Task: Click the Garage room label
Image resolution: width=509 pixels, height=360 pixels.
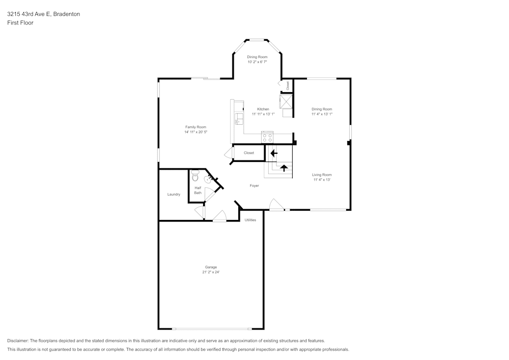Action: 211,267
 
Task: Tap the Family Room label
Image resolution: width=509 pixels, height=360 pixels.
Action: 195,127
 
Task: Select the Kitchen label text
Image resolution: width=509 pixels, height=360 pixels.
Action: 263,109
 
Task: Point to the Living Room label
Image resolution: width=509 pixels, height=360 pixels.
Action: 322,175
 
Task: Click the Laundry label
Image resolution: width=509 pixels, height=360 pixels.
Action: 174,195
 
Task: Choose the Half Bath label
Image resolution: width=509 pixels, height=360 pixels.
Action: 197,190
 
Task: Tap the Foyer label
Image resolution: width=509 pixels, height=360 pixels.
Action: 254,186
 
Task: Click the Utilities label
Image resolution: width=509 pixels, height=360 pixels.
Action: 250,220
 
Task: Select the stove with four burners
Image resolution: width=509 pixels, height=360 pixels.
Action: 267,137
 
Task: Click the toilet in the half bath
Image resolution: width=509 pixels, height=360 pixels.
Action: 195,176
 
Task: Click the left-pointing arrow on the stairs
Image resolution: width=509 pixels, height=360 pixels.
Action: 273,153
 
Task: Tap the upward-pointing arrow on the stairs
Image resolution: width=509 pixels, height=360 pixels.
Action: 284,168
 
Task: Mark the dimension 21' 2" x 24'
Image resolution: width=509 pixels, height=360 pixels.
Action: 211,272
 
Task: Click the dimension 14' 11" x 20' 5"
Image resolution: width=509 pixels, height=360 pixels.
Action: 195,132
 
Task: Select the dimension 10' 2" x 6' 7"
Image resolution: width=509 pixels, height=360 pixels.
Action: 257,62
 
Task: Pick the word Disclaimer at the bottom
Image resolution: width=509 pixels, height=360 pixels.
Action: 18,341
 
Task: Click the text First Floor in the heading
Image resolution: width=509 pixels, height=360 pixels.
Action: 20,23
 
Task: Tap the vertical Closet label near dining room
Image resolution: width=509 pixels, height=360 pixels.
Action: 288,86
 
